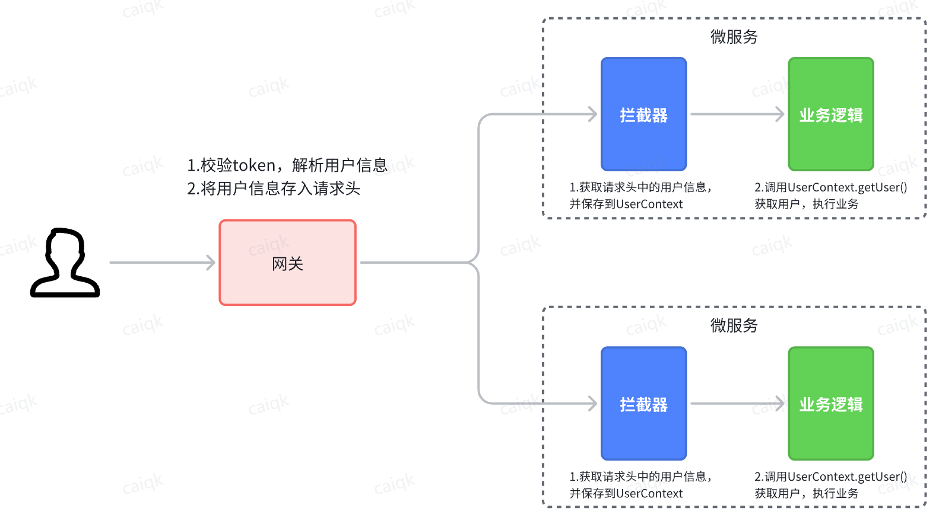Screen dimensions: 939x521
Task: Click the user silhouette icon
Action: (x=65, y=263)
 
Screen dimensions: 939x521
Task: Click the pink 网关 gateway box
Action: (x=287, y=263)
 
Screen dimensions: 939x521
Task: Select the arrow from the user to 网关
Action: (x=163, y=263)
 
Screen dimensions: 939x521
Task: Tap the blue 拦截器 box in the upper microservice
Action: (x=644, y=114)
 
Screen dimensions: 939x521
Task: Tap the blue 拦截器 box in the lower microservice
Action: (x=644, y=404)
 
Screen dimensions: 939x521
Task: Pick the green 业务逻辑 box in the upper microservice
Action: (x=831, y=114)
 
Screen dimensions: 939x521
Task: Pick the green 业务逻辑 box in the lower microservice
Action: (x=831, y=404)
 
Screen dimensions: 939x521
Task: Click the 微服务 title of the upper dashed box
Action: (x=734, y=37)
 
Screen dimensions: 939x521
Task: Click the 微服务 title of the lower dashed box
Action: (x=734, y=325)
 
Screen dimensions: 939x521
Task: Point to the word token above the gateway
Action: (x=254, y=166)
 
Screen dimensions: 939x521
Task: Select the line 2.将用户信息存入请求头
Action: (x=274, y=188)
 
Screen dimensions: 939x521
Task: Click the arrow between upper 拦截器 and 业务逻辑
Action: (x=737, y=114)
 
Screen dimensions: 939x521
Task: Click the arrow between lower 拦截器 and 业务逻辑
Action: (x=737, y=404)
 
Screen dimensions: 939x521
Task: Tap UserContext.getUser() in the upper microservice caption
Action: (x=848, y=187)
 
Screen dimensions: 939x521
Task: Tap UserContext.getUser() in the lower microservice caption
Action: (x=848, y=477)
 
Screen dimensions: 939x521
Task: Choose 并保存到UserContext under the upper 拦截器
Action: (x=626, y=204)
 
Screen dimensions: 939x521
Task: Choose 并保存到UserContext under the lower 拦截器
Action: (x=626, y=494)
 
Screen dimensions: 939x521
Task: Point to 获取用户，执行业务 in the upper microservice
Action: (x=807, y=204)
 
